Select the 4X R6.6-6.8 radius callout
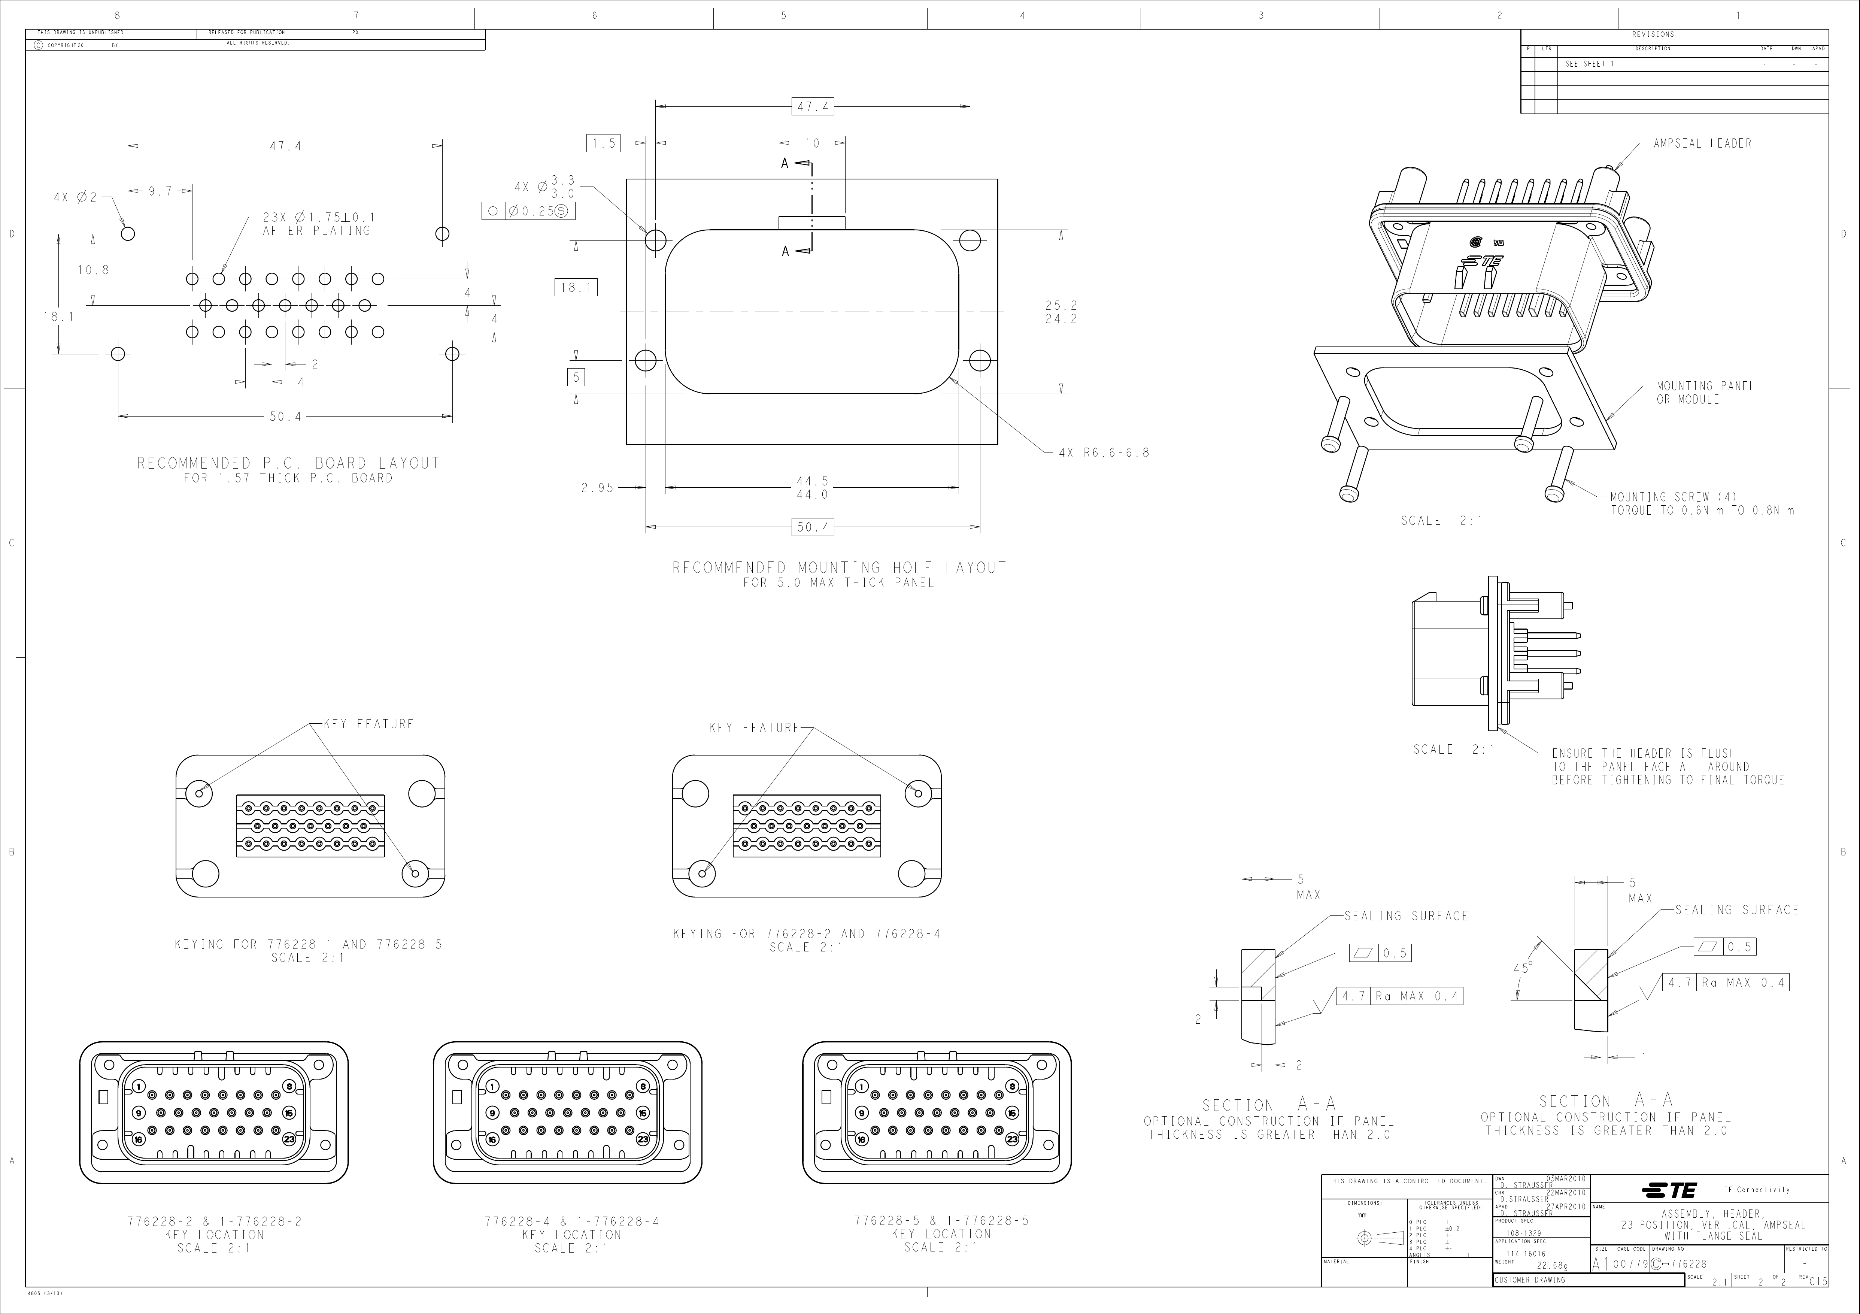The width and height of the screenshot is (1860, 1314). [x=1103, y=453]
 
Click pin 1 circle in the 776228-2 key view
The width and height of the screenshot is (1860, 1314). [x=139, y=1086]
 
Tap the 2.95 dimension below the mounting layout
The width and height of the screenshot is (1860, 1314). [x=598, y=488]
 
